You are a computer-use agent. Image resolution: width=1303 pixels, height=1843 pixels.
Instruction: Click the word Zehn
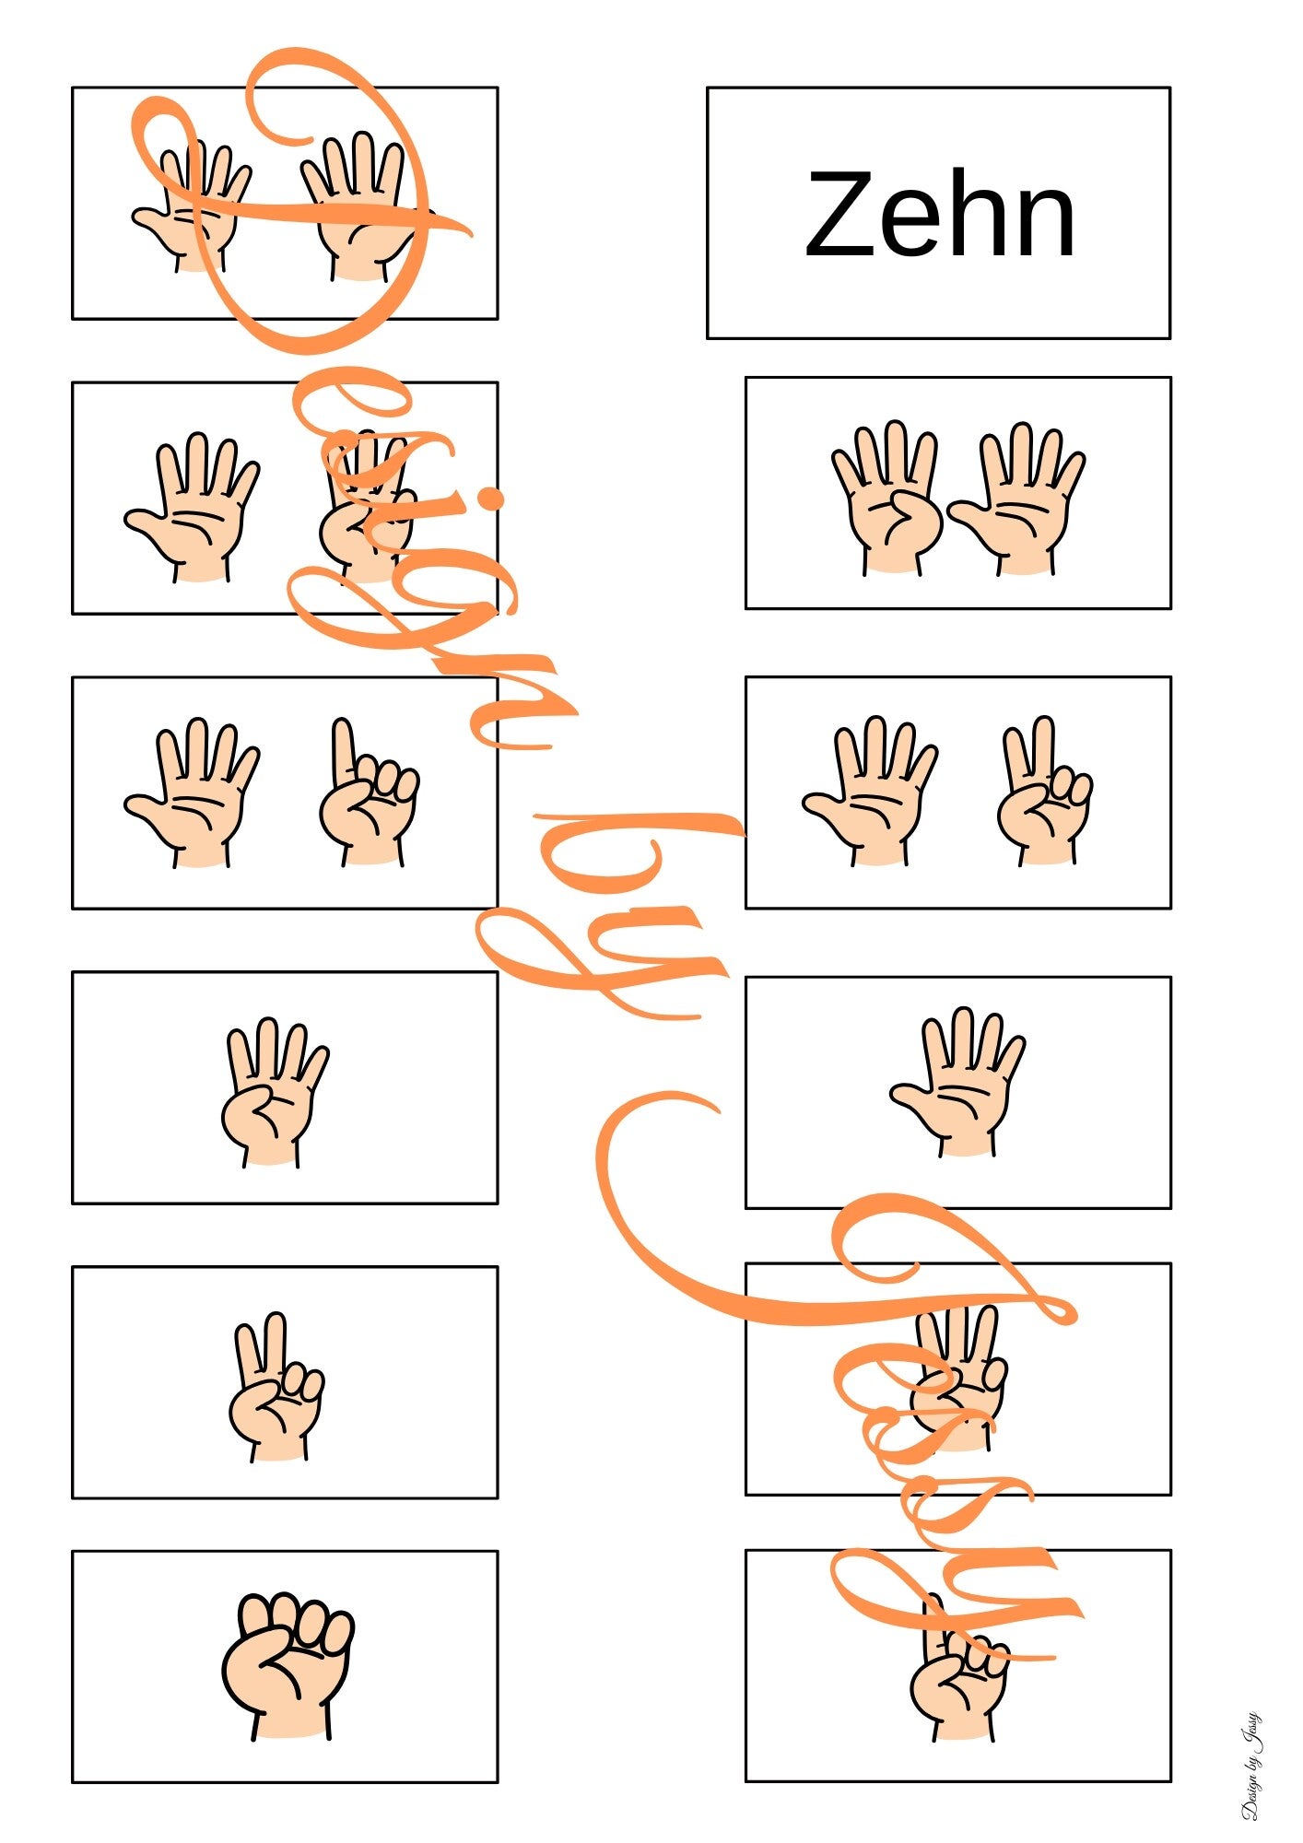(x=940, y=215)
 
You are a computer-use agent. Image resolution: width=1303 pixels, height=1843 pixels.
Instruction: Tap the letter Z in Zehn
(x=838, y=215)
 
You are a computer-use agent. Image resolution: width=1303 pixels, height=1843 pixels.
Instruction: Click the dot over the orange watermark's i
(x=493, y=499)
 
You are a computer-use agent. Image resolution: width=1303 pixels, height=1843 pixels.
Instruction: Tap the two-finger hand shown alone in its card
(x=276, y=1387)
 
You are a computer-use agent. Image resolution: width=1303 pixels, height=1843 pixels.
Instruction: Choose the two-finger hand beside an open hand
(x=1045, y=791)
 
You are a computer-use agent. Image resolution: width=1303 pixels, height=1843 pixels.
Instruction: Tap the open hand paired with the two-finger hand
(x=870, y=791)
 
